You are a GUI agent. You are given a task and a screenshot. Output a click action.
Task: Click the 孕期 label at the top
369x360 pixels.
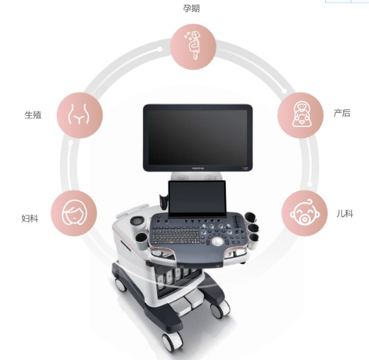(192, 8)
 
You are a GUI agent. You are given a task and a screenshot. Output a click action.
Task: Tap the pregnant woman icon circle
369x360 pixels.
(193, 46)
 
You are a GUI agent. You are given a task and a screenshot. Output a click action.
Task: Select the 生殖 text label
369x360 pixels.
(33, 115)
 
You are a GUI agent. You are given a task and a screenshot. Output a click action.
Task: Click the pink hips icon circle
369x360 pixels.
(80, 116)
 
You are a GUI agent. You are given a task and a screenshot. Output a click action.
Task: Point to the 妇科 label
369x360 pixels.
(30, 218)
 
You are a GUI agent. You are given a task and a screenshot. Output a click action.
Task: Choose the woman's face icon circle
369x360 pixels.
(74, 213)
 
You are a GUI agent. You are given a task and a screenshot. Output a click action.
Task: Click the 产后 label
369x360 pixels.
(342, 113)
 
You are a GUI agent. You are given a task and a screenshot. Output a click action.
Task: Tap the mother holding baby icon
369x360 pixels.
(301, 115)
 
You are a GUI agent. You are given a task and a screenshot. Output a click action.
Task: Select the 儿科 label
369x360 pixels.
(345, 214)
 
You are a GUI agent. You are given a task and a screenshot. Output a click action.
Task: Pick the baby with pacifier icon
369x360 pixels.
(305, 214)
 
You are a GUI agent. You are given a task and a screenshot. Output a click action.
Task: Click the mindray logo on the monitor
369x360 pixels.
(198, 169)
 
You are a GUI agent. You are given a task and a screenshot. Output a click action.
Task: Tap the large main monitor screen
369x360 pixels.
(198, 137)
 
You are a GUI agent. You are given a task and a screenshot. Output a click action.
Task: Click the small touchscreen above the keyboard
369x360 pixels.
(197, 199)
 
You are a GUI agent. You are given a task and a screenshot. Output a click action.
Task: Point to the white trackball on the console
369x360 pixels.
(217, 241)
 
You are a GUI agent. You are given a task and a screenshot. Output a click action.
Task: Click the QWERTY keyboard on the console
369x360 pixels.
(176, 236)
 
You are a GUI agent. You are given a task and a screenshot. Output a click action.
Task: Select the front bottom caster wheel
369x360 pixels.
(170, 342)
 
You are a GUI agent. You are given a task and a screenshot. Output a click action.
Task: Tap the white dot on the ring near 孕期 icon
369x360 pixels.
(160, 49)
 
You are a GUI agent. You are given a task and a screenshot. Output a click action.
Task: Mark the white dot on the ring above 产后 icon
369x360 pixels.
(284, 91)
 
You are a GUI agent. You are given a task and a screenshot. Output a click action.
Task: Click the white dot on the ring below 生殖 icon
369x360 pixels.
(70, 143)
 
